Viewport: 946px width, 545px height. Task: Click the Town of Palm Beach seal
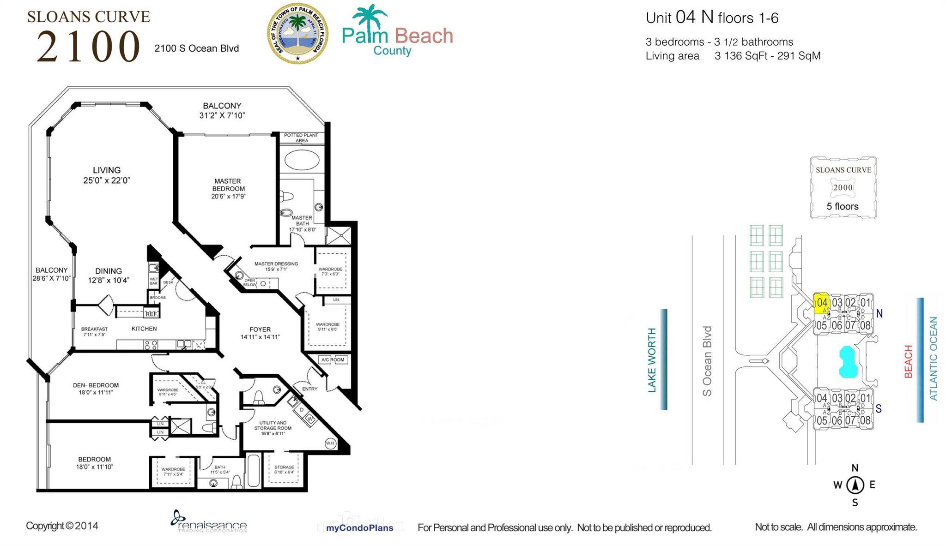(x=298, y=33)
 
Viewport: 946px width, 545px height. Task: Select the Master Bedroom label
(x=228, y=188)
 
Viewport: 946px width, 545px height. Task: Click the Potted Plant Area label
(x=301, y=138)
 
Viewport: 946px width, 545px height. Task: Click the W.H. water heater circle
(x=330, y=443)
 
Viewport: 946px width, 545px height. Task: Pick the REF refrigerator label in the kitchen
(x=151, y=314)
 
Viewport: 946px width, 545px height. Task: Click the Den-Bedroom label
(x=96, y=389)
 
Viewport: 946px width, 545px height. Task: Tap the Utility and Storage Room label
(x=273, y=428)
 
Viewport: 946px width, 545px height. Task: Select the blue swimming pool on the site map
(x=848, y=362)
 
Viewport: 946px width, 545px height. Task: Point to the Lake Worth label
(x=652, y=360)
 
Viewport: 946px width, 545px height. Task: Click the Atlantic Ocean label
(x=933, y=359)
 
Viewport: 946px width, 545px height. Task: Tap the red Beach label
(x=908, y=361)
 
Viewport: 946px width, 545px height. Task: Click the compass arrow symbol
(x=855, y=485)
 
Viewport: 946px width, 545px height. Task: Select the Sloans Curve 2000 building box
(x=843, y=188)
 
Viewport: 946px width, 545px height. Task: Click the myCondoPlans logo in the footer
(x=359, y=527)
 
